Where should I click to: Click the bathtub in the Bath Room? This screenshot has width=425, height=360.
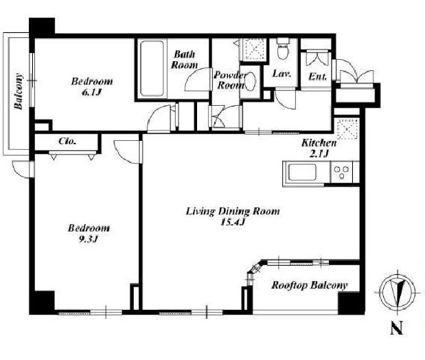pos(152,68)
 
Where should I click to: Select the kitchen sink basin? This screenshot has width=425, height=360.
pos(303,172)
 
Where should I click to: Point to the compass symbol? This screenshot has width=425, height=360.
pos(398,293)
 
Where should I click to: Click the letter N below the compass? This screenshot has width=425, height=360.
pos(397,328)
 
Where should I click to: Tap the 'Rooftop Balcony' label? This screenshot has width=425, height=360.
pos(309,285)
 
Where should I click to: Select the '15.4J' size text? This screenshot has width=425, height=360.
pos(233,223)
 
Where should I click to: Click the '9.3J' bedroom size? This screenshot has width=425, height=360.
pos(88,239)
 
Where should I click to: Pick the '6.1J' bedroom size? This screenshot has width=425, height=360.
pos(91,93)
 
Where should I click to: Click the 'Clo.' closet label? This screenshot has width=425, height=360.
pos(67,141)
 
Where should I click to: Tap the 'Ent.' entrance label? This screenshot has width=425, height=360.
pos(317,77)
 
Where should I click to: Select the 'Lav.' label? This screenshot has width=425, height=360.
pos(282,74)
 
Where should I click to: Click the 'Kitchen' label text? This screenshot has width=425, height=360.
pos(319,143)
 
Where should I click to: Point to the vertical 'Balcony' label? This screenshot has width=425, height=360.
pos(19,91)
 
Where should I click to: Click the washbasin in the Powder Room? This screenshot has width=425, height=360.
pos(251,80)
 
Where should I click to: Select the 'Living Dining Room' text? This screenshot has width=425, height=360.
pos(233,212)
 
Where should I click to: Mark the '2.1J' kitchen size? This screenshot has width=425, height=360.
pos(319,154)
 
